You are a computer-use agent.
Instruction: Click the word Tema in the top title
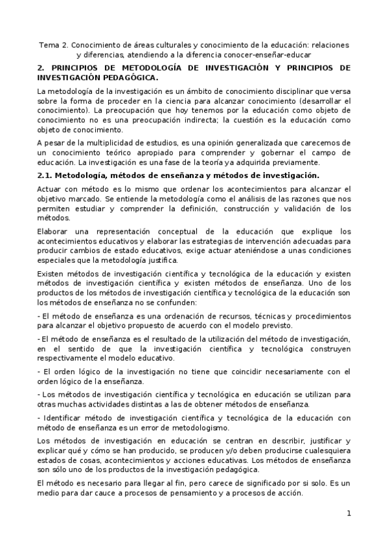coord(48,45)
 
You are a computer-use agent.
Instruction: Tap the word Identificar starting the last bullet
coord(63,417)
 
